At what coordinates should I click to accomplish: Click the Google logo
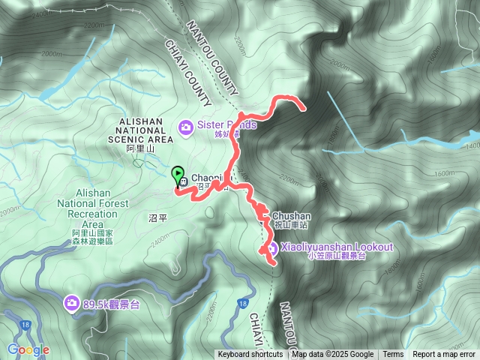pos(28,349)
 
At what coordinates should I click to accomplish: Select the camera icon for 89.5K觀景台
pos(71,303)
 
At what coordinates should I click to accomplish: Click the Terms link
pos(393,355)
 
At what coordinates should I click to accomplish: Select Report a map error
pos(444,355)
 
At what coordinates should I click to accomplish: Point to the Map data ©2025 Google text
pos(332,355)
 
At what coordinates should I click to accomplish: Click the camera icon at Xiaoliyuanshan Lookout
pos(272,248)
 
